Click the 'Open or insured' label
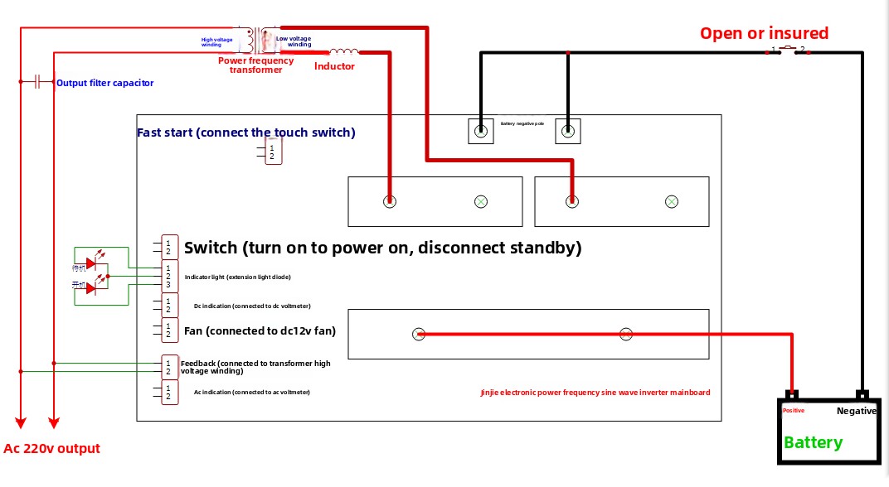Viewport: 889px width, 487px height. click(x=764, y=33)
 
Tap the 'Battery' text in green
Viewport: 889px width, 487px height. click(x=813, y=442)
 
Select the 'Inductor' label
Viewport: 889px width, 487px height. click(x=334, y=66)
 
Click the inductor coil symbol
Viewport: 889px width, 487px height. click(x=343, y=52)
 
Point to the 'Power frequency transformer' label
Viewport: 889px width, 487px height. click(x=255, y=65)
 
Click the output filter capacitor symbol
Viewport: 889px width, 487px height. click(x=37, y=82)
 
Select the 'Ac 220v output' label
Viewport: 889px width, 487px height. click(x=51, y=449)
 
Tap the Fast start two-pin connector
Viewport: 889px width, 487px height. click(x=273, y=152)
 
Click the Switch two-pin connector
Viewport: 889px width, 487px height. click(x=169, y=247)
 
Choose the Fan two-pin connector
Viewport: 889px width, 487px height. click(x=169, y=330)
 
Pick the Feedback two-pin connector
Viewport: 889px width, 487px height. click(x=169, y=368)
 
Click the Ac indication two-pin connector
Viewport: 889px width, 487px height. click(x=169, y=393)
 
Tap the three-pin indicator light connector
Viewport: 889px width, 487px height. click(x=169, y=276)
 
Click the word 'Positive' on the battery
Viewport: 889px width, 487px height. click(x=794, y=411)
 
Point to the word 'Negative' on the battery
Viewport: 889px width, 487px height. click(x=856, y=411)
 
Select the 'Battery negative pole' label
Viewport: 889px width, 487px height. click(x=522, y=123)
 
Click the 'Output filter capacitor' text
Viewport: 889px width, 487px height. click(x=104, y=83)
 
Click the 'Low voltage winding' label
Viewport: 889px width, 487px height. click(x=294, y=41)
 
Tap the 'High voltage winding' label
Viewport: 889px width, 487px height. click(x=216, y=41)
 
